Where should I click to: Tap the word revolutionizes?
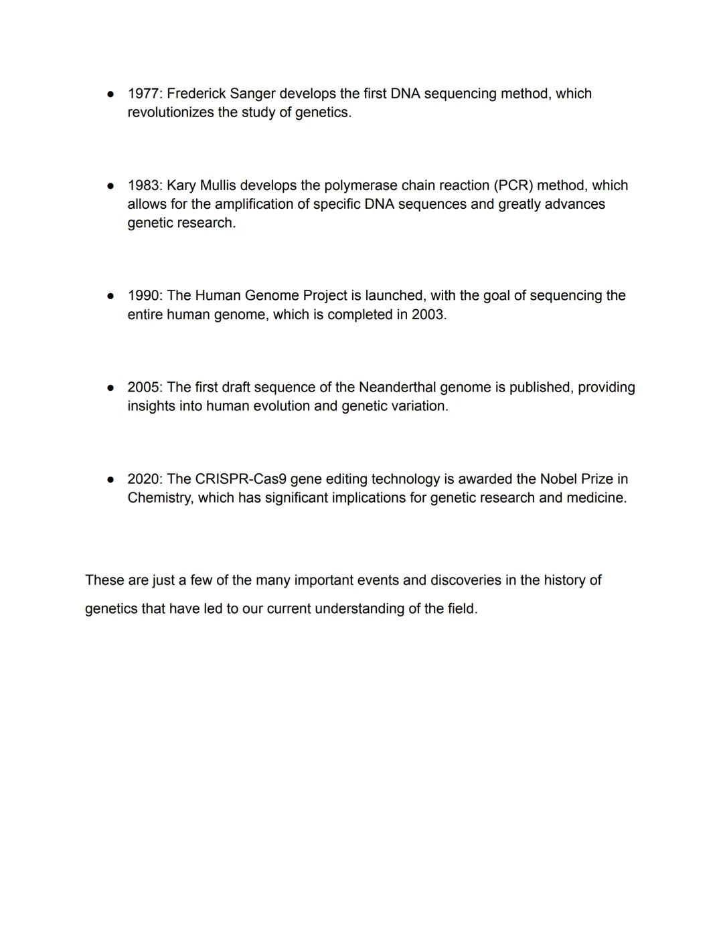point(171,112)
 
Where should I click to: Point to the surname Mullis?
point(218,185)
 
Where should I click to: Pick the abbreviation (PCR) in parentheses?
point(513,185)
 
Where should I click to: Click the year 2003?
point(428,315)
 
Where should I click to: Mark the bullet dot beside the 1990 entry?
point(110,296)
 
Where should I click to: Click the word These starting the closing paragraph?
point(104,580)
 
